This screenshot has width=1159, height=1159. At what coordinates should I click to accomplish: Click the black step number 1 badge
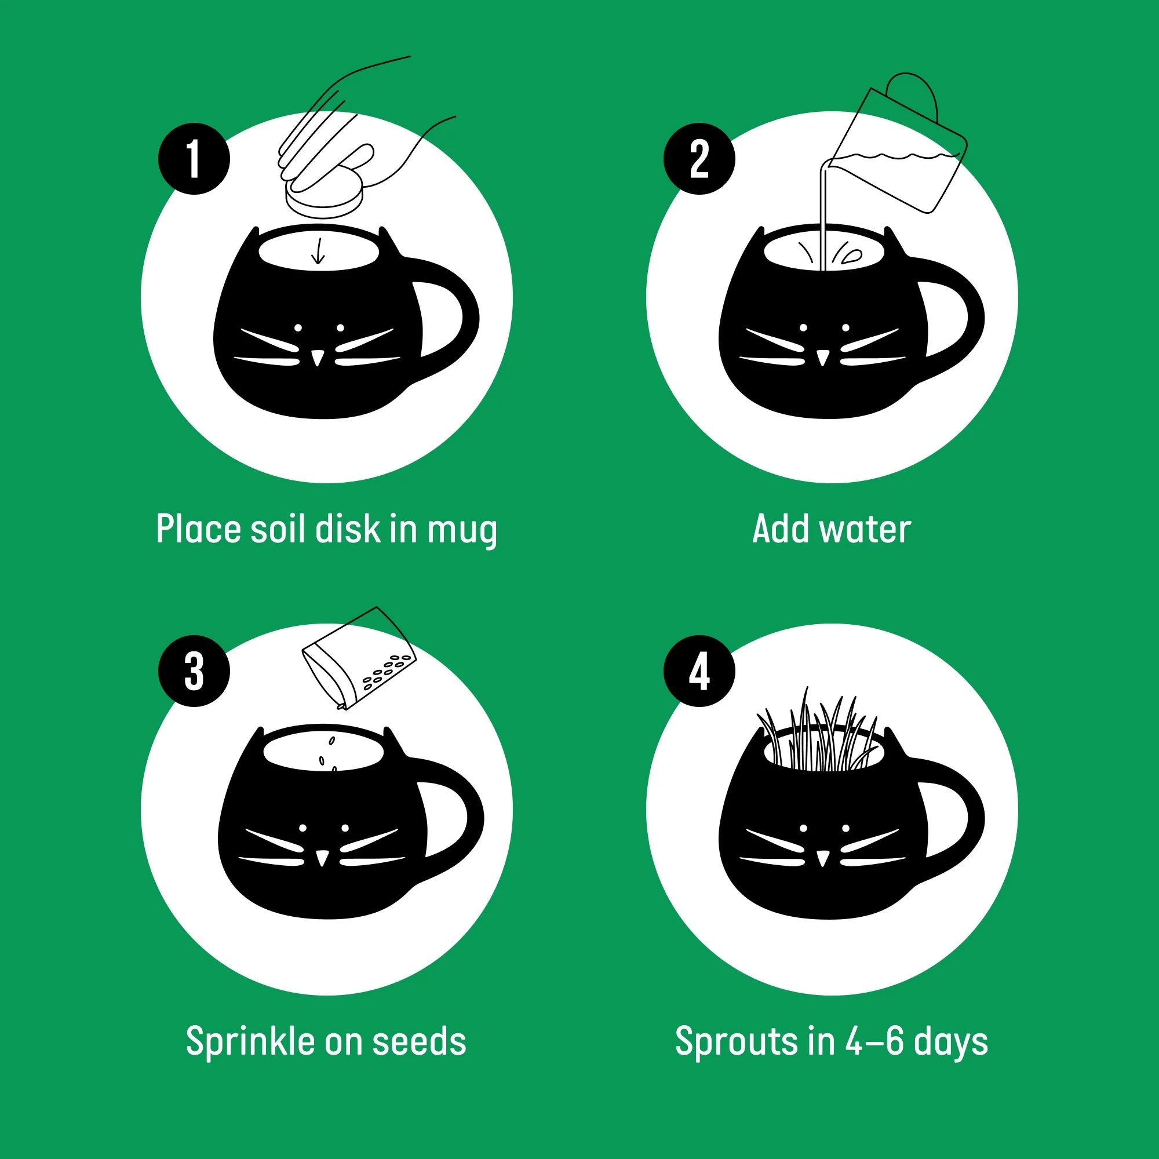pyautogui.click(x=194, y=159)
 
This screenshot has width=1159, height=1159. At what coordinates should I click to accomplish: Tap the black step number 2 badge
pyautogui.click(x=699, y=159)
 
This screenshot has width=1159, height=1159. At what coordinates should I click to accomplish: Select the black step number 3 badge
pyautogui.click(x=194, y=670)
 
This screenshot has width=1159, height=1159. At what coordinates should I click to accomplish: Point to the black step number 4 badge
pyautogui.click(x=699, y=670)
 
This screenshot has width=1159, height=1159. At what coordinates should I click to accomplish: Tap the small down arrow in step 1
pyautogui.click(x=319, y=252)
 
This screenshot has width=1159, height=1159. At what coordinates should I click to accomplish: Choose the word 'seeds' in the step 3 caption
pyautogui.click(x=419, y=1041)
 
